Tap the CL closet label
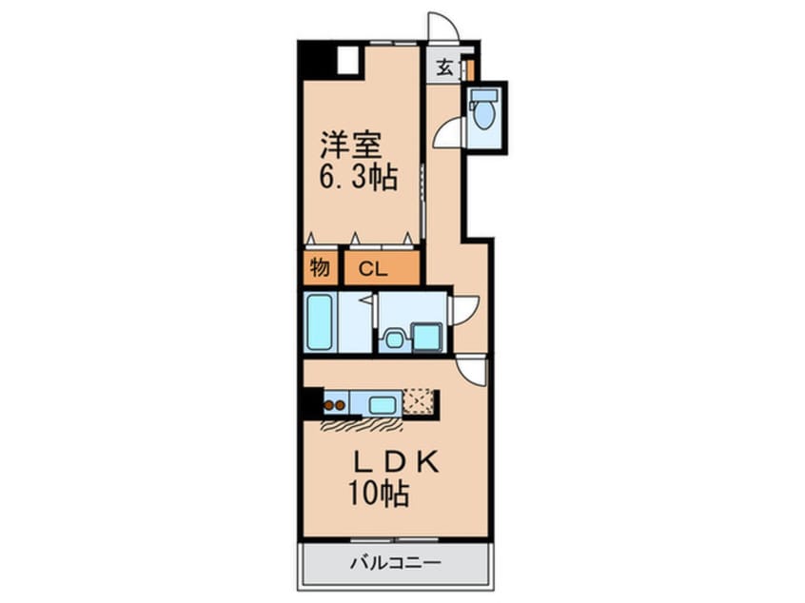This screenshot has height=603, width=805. coord(373,268)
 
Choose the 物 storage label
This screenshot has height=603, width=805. coord(320,268)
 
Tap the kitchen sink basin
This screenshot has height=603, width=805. coord(383,404)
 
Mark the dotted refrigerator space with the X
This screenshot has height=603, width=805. coord(420,402)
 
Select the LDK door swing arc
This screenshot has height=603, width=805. coord(472,369)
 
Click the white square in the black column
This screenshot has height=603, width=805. coord(346,60)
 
